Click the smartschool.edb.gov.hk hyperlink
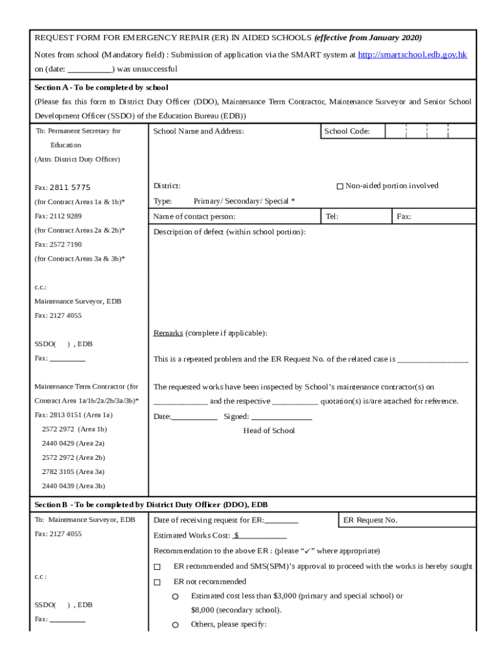tap(412, 55)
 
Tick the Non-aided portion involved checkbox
tap(340, 187)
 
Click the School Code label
tap(347, 132)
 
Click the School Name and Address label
tap(198, 132)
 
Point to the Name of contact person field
tap(194, 217)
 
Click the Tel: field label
tap(332, 217)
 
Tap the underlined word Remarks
tap(168, 333)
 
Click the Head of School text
tap(269, 431)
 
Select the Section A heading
tap(101, 88)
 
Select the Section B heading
tap(150, 504)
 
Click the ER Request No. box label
tap(370, 520)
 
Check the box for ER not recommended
tap(157, 582)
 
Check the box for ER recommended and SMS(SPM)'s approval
tap(157, 567)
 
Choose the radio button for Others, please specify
tap(175, 625)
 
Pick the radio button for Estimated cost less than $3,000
tap(175, 596)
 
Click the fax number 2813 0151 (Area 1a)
tap(73, 415)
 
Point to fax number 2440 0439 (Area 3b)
tap(73, 486)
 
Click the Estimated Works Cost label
tap(192, 536)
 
